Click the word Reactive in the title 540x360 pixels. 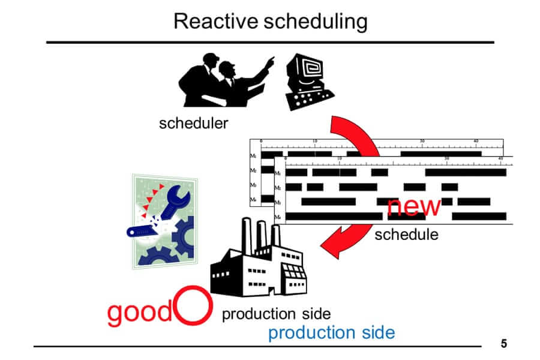pos(214,22)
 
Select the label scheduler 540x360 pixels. pos(194,124)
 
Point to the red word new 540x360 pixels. pos(414,205)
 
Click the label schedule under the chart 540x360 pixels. pos(406,235)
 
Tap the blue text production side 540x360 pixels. pos(331,332)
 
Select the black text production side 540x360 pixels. pos(277,314)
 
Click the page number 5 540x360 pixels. pos(504,344)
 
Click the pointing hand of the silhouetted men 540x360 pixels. pos(271,61)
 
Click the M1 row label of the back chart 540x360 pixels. pos(253,155)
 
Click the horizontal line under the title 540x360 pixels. pos(270,42)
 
